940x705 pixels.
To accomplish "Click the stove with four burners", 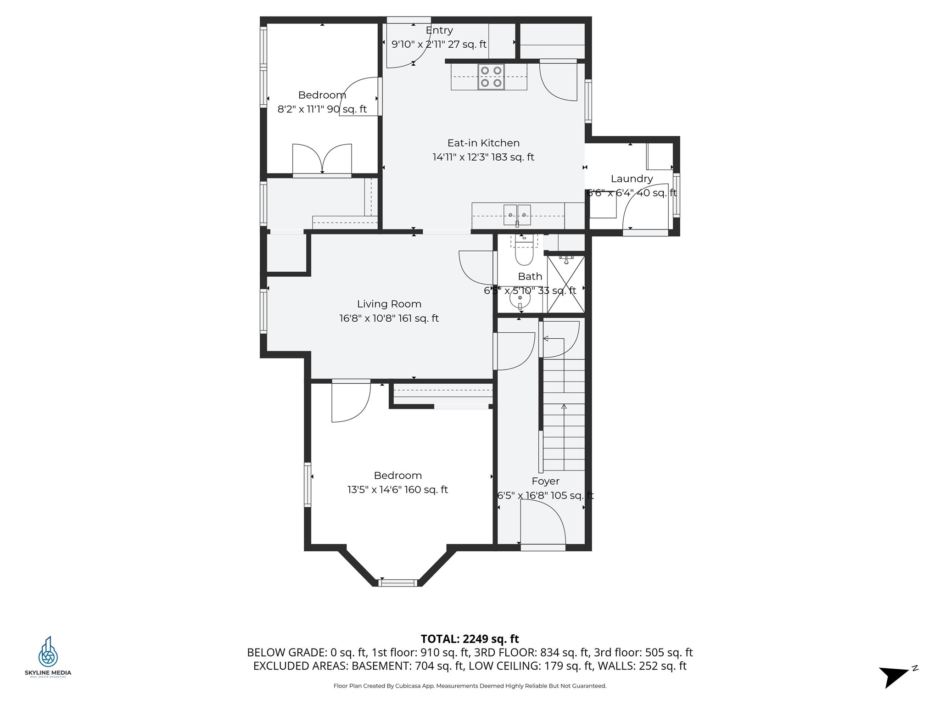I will point(491,77).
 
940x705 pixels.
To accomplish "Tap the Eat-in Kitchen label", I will point(483,143).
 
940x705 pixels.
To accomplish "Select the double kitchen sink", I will point(517,215).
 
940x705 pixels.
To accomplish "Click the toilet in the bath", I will point(524,254).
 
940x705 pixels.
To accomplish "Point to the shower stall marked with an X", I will point(566,284).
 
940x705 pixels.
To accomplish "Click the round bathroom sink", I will point(520,299).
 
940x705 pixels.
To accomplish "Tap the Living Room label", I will point(389,304).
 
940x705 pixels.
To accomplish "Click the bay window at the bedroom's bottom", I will point(398,583).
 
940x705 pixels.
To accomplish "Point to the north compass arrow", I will point(895,676).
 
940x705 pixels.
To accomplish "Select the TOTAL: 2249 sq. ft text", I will point(470,639).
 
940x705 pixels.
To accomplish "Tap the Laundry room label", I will point(632,179).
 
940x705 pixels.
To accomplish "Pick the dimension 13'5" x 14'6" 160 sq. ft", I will point(397,490).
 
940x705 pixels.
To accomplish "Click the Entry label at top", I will point(439,30).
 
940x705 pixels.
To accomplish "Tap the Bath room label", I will point(530,276).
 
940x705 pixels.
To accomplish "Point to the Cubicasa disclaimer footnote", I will point(470,686).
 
